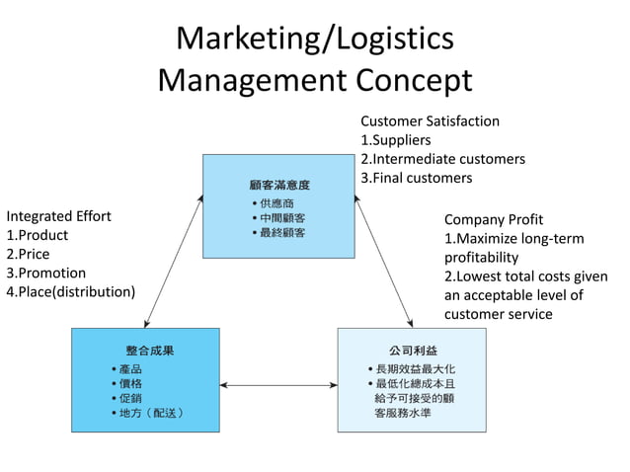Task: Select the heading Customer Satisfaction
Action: click(430, 121)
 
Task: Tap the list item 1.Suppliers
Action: click(395, 140)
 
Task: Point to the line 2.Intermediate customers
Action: click(442, 159)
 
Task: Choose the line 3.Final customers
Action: click(416, 178)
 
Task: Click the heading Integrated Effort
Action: click(59, 216)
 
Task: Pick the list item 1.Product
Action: click(38, 235)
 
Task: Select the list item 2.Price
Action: click(28, 254)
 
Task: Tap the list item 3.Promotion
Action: click(46, 273)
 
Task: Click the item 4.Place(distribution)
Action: click(70, 291)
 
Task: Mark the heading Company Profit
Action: click(494, 219)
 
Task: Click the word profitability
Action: click(481, 257)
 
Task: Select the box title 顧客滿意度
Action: click(279, 185)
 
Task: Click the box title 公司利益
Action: click(412, 351)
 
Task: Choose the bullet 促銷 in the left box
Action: click(130, 397)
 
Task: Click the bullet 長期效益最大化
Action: click(415, 369)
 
